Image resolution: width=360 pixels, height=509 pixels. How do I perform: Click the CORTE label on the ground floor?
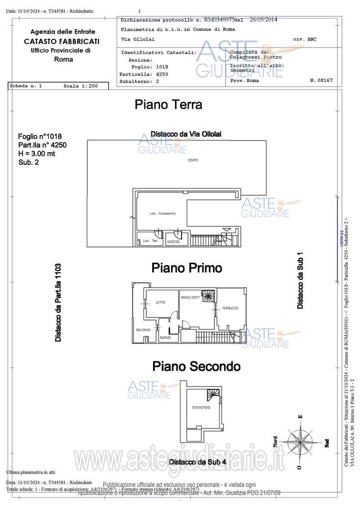point(193,160)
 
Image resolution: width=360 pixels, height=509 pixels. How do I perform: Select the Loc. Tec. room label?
point(150,241)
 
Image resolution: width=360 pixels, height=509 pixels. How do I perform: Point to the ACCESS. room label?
point(173,242)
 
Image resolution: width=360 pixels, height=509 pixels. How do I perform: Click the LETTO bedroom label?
point(160,302)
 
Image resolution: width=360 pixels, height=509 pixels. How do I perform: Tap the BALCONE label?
point(144,330)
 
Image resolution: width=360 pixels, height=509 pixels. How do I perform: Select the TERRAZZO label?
point(230,308)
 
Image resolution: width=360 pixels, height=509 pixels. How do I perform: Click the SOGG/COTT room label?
point(190,297)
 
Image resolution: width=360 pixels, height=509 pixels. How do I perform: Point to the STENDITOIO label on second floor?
point(201,408)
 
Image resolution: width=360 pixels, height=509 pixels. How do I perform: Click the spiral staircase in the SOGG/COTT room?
point(209,296)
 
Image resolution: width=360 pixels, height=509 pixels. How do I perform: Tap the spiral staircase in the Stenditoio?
point(214,395)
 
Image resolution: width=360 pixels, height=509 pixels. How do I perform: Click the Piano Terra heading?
point(168,105)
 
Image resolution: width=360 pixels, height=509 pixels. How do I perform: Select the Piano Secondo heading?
point(196,366)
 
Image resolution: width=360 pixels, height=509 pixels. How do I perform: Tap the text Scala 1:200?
point(81,86)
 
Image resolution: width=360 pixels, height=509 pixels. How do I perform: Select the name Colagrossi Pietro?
point(256,57)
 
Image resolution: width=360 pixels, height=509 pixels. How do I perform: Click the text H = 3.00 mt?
point(37,153)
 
